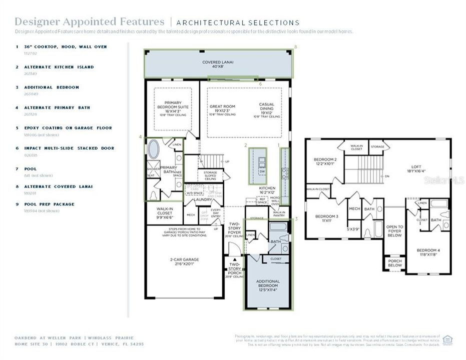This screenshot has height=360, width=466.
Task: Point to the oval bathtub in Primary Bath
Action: click(x=153, y=149)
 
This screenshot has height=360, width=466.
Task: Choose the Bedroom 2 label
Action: click(x=325, y=159)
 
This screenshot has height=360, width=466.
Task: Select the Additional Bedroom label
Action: click(x=268, y=284)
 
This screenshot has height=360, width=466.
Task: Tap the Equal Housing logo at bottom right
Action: click(x=447, y=340)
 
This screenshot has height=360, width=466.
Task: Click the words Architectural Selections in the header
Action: click(x=238, y=22)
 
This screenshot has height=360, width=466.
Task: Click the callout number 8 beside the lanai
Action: click(x=296, y=46)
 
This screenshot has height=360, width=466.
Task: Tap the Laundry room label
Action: click(x=203, y=199)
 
